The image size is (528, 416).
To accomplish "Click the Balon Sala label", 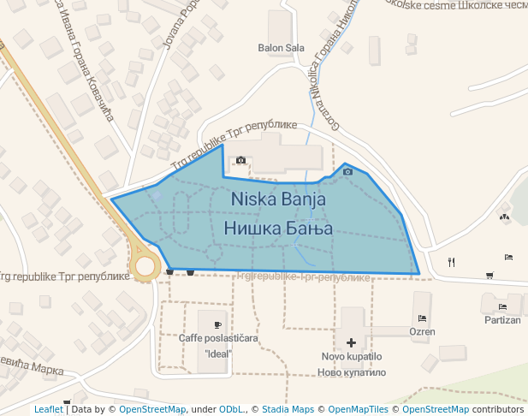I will click(x=281, y=48).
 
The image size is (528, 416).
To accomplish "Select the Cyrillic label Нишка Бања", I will click(x=278, y=229).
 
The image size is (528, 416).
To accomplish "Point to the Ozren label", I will click(x=422, y=331).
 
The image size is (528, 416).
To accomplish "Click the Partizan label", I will click(x=501, y=320).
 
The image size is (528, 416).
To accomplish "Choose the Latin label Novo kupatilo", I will click(x=351, y=356).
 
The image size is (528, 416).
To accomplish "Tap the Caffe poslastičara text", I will click(x=218, y=338).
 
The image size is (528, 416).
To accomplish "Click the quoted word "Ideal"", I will click(x=218, y=353).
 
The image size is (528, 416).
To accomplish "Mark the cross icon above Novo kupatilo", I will click(x=351, y=342).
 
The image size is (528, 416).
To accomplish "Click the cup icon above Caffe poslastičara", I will click(x=218, y=324).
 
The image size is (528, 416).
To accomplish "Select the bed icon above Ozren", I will click(x=421, y=318).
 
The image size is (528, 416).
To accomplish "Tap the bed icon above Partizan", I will click(x=502, y=306).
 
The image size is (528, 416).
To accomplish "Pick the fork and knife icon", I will click(x=452, y=262).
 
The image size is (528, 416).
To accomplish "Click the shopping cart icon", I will click(x=489, y=275).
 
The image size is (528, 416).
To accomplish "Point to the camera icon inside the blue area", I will click(x=347, y=172).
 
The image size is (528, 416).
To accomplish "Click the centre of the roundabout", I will click(x=145, y=266).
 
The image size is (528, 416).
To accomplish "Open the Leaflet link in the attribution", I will click(x=49, y=409).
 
